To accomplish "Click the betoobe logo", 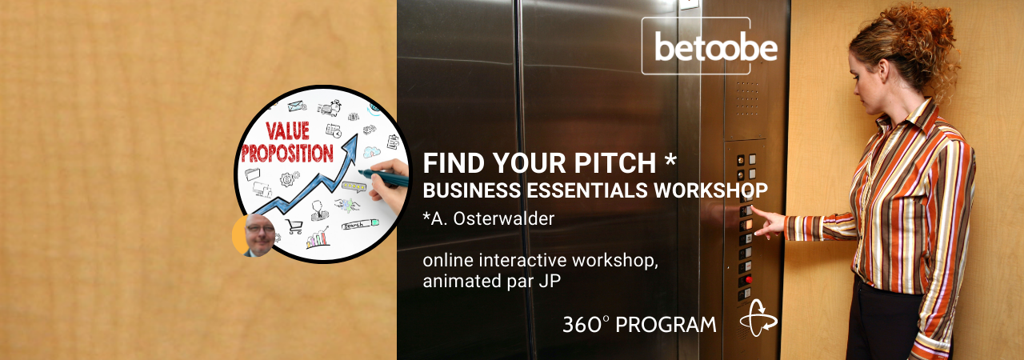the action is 715,46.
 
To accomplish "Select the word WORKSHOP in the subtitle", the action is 711,190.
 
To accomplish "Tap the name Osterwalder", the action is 503,219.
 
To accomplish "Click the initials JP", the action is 550,281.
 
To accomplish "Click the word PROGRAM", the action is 666,325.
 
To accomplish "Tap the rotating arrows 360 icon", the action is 758,318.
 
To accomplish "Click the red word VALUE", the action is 287,130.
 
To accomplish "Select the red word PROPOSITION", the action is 287,153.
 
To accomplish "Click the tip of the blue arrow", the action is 356,134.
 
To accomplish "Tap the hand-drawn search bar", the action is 361,224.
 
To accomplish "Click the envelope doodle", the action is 297,106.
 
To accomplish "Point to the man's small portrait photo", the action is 260,235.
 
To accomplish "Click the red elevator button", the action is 748,279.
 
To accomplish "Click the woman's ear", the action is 881,71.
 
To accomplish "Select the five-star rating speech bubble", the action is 354,186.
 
